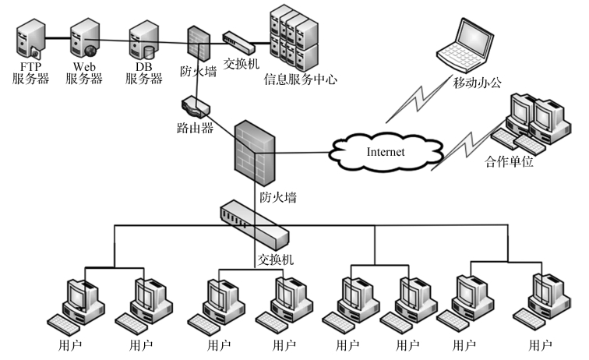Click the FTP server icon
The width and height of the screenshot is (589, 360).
pos(30,38)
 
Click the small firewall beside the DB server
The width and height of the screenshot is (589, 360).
pos(199,44)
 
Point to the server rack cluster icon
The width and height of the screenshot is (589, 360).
pos(293,37)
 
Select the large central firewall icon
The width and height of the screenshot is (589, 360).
pos(256,153)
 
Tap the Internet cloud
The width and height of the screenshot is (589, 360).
pos(386,151)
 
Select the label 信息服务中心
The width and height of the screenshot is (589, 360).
pos(299,79)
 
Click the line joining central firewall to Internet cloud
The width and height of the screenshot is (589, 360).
pos(304,153)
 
